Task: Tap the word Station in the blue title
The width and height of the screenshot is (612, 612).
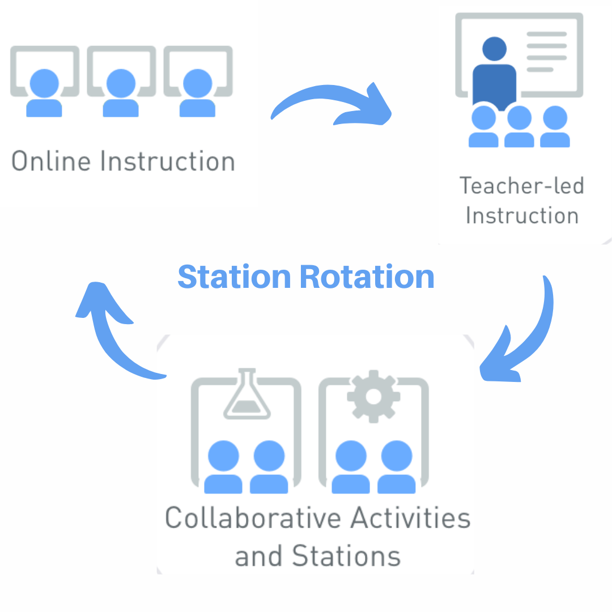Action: pos(234,277)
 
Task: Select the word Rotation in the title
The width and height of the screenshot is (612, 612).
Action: pos(367,277)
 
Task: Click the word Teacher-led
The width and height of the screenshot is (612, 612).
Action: pos(521,186)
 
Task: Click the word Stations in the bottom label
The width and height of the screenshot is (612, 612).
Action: pos(346,555)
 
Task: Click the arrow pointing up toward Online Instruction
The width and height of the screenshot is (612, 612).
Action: pos(113,329)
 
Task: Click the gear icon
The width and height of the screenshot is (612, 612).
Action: pos(373,396)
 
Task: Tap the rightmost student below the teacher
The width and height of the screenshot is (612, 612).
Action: pos(555,127)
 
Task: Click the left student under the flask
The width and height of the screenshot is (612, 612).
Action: pos(223,467)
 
